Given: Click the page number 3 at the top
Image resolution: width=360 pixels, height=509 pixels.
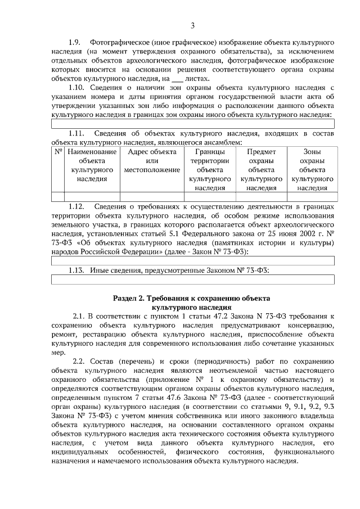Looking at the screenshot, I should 192,25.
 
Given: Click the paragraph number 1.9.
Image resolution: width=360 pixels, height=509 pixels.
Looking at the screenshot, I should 75,43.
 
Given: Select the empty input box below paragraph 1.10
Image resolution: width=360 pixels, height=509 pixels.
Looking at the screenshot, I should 192,124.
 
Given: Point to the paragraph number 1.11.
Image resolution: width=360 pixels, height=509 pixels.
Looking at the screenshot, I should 76,133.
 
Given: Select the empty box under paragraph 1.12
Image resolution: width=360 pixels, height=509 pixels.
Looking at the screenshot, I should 192,260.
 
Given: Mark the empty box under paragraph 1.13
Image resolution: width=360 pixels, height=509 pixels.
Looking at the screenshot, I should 192,280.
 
